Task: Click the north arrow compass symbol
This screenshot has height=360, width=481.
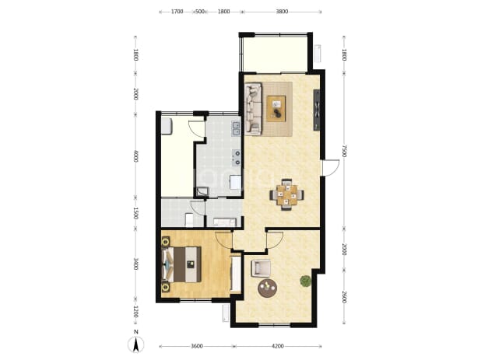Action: coord(136,344)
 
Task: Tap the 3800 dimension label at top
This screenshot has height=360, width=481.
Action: coord(282,12)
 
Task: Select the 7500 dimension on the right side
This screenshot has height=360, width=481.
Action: coord(344,151)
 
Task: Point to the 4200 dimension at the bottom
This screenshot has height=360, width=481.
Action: coord(278,346)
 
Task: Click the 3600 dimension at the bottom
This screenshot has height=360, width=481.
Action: coord(197,346)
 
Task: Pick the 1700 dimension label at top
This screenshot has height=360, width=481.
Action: coord(177,12)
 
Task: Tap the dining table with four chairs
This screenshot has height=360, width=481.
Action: coord(287,194)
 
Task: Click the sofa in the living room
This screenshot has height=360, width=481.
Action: coord(254,109)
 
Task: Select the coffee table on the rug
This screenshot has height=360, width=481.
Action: coord(276,109)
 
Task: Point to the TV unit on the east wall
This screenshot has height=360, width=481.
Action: coord(317,110)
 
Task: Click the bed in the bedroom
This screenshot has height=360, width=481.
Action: coord(181,264)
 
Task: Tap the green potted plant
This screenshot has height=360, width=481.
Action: coord(306,281)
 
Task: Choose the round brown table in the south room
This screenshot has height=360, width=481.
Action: coord(268,288)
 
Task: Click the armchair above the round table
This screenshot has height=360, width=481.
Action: coord(261,268)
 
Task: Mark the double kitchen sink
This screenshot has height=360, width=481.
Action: coord(236,128)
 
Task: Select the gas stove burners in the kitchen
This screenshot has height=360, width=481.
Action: coord(237,158)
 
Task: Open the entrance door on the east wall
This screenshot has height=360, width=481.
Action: coord(331,168)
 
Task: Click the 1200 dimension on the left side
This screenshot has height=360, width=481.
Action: coord(136,313)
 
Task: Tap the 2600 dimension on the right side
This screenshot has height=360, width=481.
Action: coord(344,297)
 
